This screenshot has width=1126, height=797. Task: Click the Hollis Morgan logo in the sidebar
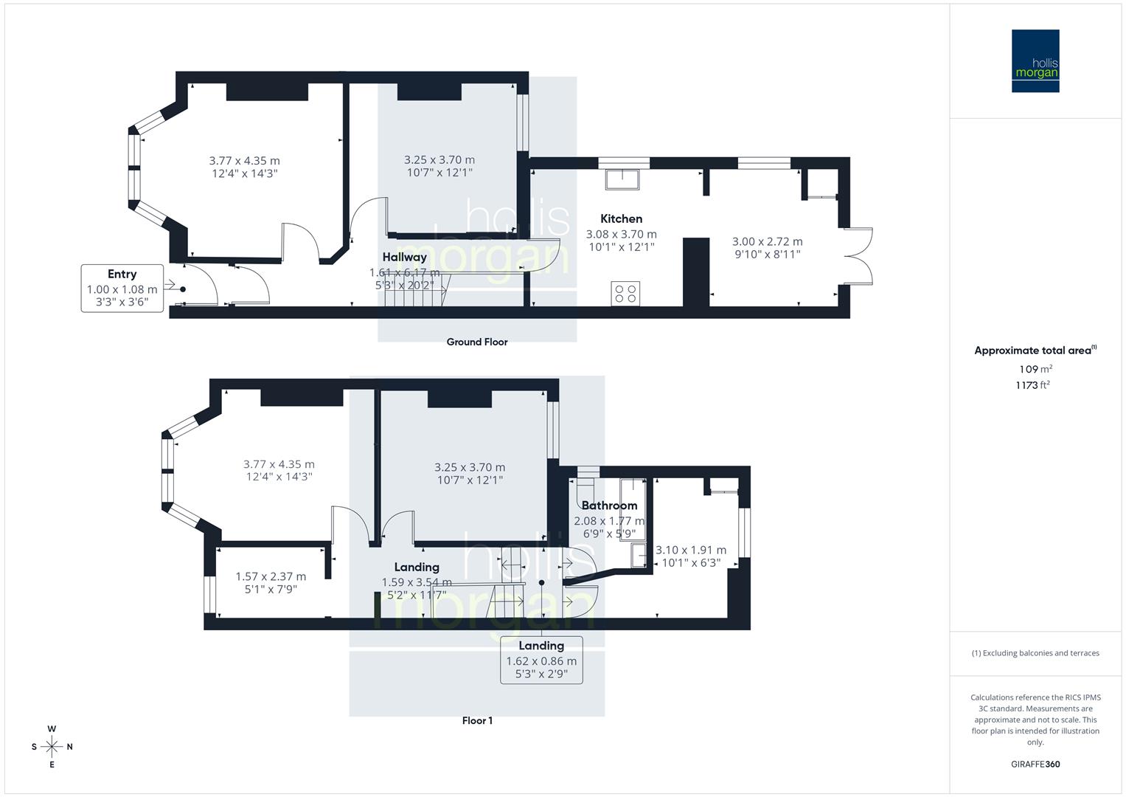click(x=1035, y=61)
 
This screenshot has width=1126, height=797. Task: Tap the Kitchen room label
click(x=621, y=218)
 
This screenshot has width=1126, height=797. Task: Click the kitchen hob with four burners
click(x=625, y=293)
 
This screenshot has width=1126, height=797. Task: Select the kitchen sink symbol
click(x=623, y=179)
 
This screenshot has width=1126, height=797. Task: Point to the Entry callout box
click(x=122, y=288)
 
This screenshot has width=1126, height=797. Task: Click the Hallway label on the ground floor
click(x=404, y=257)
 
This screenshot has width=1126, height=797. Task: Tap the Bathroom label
click(x=609, y=506)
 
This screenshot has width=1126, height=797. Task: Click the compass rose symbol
click(x=52, y=747)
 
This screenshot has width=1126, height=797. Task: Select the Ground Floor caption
click(x=477, y=342)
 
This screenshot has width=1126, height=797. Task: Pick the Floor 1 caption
click(x=477, y=720)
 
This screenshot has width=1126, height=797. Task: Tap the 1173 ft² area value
click(x=1032, y=384)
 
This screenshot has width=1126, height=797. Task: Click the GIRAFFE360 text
click(x=1035, y=764)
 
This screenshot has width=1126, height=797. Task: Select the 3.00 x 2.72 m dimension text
click(x=767, y=241)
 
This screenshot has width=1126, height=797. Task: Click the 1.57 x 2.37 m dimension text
click(x=271, y=576)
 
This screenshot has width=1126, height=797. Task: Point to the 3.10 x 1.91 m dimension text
click(x=691, y=550)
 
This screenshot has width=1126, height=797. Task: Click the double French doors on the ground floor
click(x=858, y=256)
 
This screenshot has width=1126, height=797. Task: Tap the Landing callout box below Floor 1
click(x=541, y=659)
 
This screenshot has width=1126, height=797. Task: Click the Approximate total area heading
click(x=1035, y=351)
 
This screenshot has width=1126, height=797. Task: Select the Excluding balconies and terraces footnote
click(x=1035, y=653)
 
